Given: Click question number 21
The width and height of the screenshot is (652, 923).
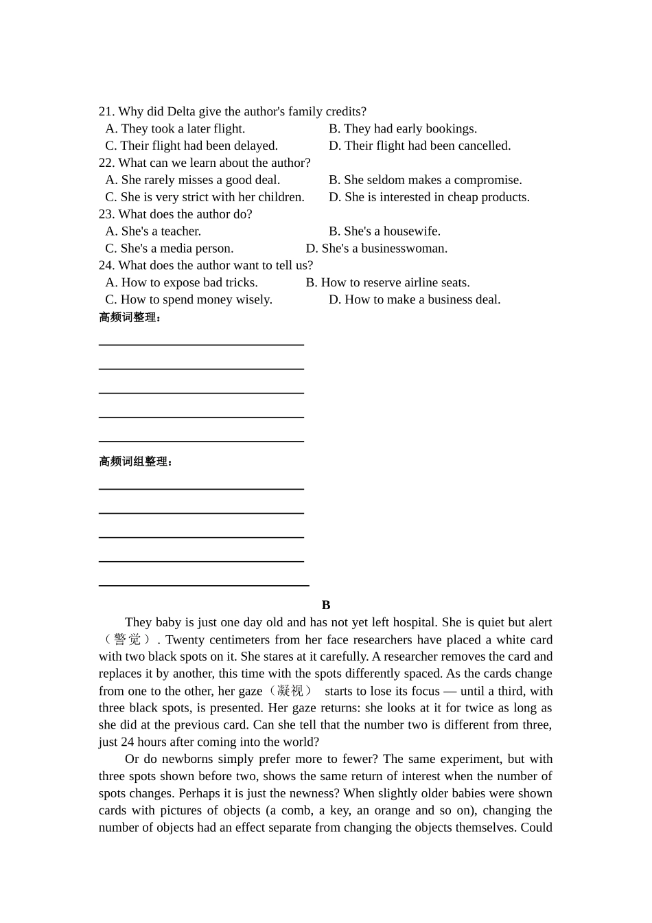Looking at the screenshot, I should pyautogui.click(x=106, y=111).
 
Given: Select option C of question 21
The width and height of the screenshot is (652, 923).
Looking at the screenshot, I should pyautogui.click(x=191, y=146).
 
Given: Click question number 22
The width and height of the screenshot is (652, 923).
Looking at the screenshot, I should pyautogui.click(x=106, y=163).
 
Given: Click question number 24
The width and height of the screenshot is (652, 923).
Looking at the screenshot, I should pyautogui.click(x=106, y=266).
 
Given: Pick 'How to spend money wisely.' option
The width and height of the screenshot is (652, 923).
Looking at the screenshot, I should pyautogui.click(x=189, y=300).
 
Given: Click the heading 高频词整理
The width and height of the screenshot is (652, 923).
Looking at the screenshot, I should pyautogui.click(x=130, y=317).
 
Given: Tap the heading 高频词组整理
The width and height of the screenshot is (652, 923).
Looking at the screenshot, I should pyautogui.click(x=135, y=461).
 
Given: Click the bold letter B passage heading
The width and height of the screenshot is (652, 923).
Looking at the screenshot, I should pyautogui.click(x=326, y=605).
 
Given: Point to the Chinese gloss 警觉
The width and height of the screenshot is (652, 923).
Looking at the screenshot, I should pyautogui.click(x=128, y=640).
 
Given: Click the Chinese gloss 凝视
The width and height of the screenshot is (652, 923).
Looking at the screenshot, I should pyautogui.click(x=291, y=691).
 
